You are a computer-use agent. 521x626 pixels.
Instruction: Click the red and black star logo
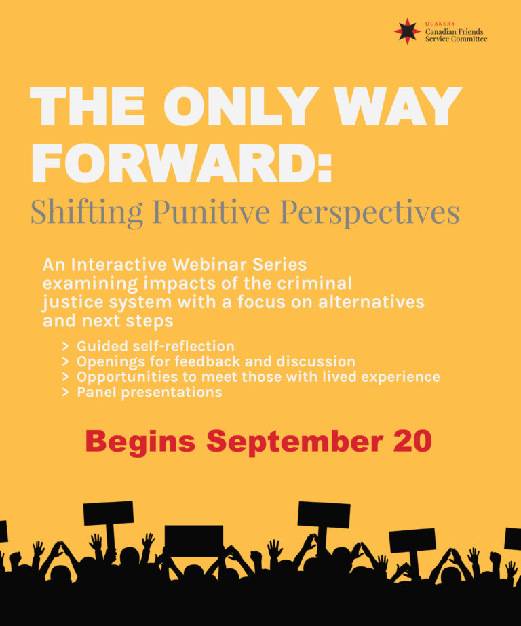point(407,31)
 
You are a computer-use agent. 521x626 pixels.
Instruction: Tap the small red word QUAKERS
point(440,24)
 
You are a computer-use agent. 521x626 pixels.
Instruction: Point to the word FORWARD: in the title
point(181,163)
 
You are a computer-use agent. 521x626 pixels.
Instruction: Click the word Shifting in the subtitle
point(87,212)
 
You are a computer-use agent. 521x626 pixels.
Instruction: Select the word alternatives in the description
point(371,302)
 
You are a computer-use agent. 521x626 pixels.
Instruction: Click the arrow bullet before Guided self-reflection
point(66,346)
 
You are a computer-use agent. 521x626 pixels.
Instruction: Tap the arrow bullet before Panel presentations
point(66,393)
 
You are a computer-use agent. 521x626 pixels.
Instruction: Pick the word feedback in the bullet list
point(208,361)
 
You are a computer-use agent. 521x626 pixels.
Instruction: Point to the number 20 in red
point(412,441)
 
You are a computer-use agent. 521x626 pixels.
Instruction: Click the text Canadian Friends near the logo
point(455,32)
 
